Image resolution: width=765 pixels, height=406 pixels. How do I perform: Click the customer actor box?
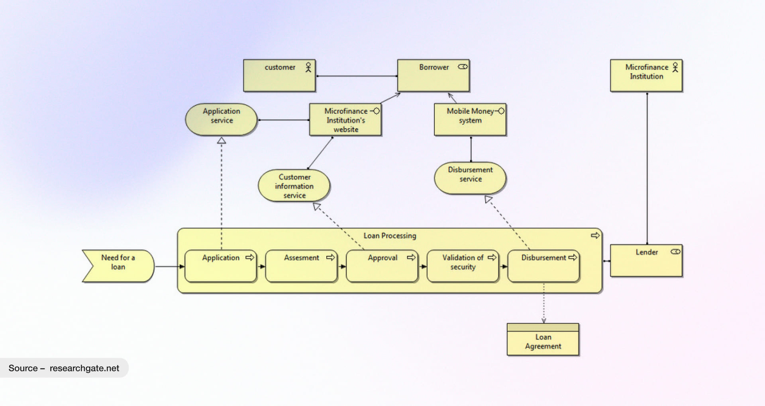tap(279, 76)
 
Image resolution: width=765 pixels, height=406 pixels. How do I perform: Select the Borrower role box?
tap(433, 76)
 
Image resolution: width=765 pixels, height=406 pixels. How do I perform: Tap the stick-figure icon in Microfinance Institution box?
tap(675, 67)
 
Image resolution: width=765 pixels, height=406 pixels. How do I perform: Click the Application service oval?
tap(221, 119)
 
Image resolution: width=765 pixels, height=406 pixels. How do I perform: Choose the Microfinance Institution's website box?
tap(345, 120)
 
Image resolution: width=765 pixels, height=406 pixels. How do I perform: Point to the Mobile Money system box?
tap(470, 120)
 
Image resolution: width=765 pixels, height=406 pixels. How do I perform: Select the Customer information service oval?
tap(294, 186)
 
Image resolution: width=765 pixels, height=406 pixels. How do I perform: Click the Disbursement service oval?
tap(470, 178)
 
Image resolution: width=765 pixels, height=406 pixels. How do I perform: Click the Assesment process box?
tap(301, 266)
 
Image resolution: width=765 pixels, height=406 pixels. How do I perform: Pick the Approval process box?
tap(382, 266)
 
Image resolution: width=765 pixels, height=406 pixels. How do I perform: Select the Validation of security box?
tap(463, 266)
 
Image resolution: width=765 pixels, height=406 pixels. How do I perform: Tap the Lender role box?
tap(646, 261)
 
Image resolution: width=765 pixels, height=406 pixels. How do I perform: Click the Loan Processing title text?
tap(390, 236)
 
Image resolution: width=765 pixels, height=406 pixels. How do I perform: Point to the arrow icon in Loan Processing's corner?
tap(595, 236)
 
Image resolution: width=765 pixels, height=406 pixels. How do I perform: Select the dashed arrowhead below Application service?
tap(222, 141)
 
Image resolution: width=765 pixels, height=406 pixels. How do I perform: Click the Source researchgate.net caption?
tap(64, 368)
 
